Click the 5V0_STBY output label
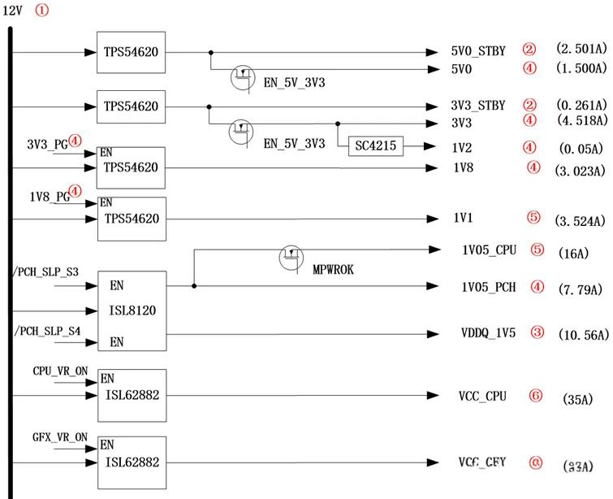click(478, 50)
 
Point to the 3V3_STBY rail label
click(478, 106)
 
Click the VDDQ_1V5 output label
click(488, 334)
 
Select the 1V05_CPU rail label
click(490, 249)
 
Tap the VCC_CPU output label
click(482, 396)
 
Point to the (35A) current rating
click(578, 399)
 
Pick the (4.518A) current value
click(580, 120)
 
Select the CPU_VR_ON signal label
click(60, 371)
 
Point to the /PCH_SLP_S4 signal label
click(48, 331)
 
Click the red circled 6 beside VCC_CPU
click(535, 395)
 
